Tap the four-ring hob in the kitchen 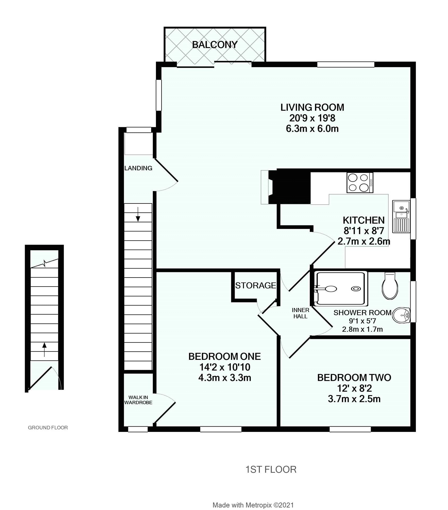360,182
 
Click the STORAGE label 255,286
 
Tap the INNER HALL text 300,313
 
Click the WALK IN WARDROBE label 138,400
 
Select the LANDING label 138,168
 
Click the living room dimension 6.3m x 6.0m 312,129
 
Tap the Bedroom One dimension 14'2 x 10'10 225,367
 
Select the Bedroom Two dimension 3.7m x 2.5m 354,399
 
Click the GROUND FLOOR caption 48,428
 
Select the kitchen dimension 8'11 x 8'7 364,231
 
